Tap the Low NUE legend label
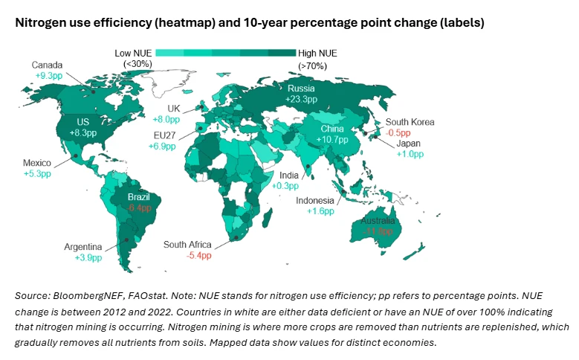click(x=135, y=53)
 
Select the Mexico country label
click(x=36, y=163)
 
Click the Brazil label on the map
click(x=139, y=197)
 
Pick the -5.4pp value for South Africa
click(x=198, y=255)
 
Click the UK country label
click(x=173, y=109)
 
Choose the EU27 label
click(x=165, y=135)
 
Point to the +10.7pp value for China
click(x=332, y=139)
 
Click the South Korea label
click(x=410, y=122)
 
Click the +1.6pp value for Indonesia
click(x=320, y=211)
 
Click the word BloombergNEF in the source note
click(x=82, y=296)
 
